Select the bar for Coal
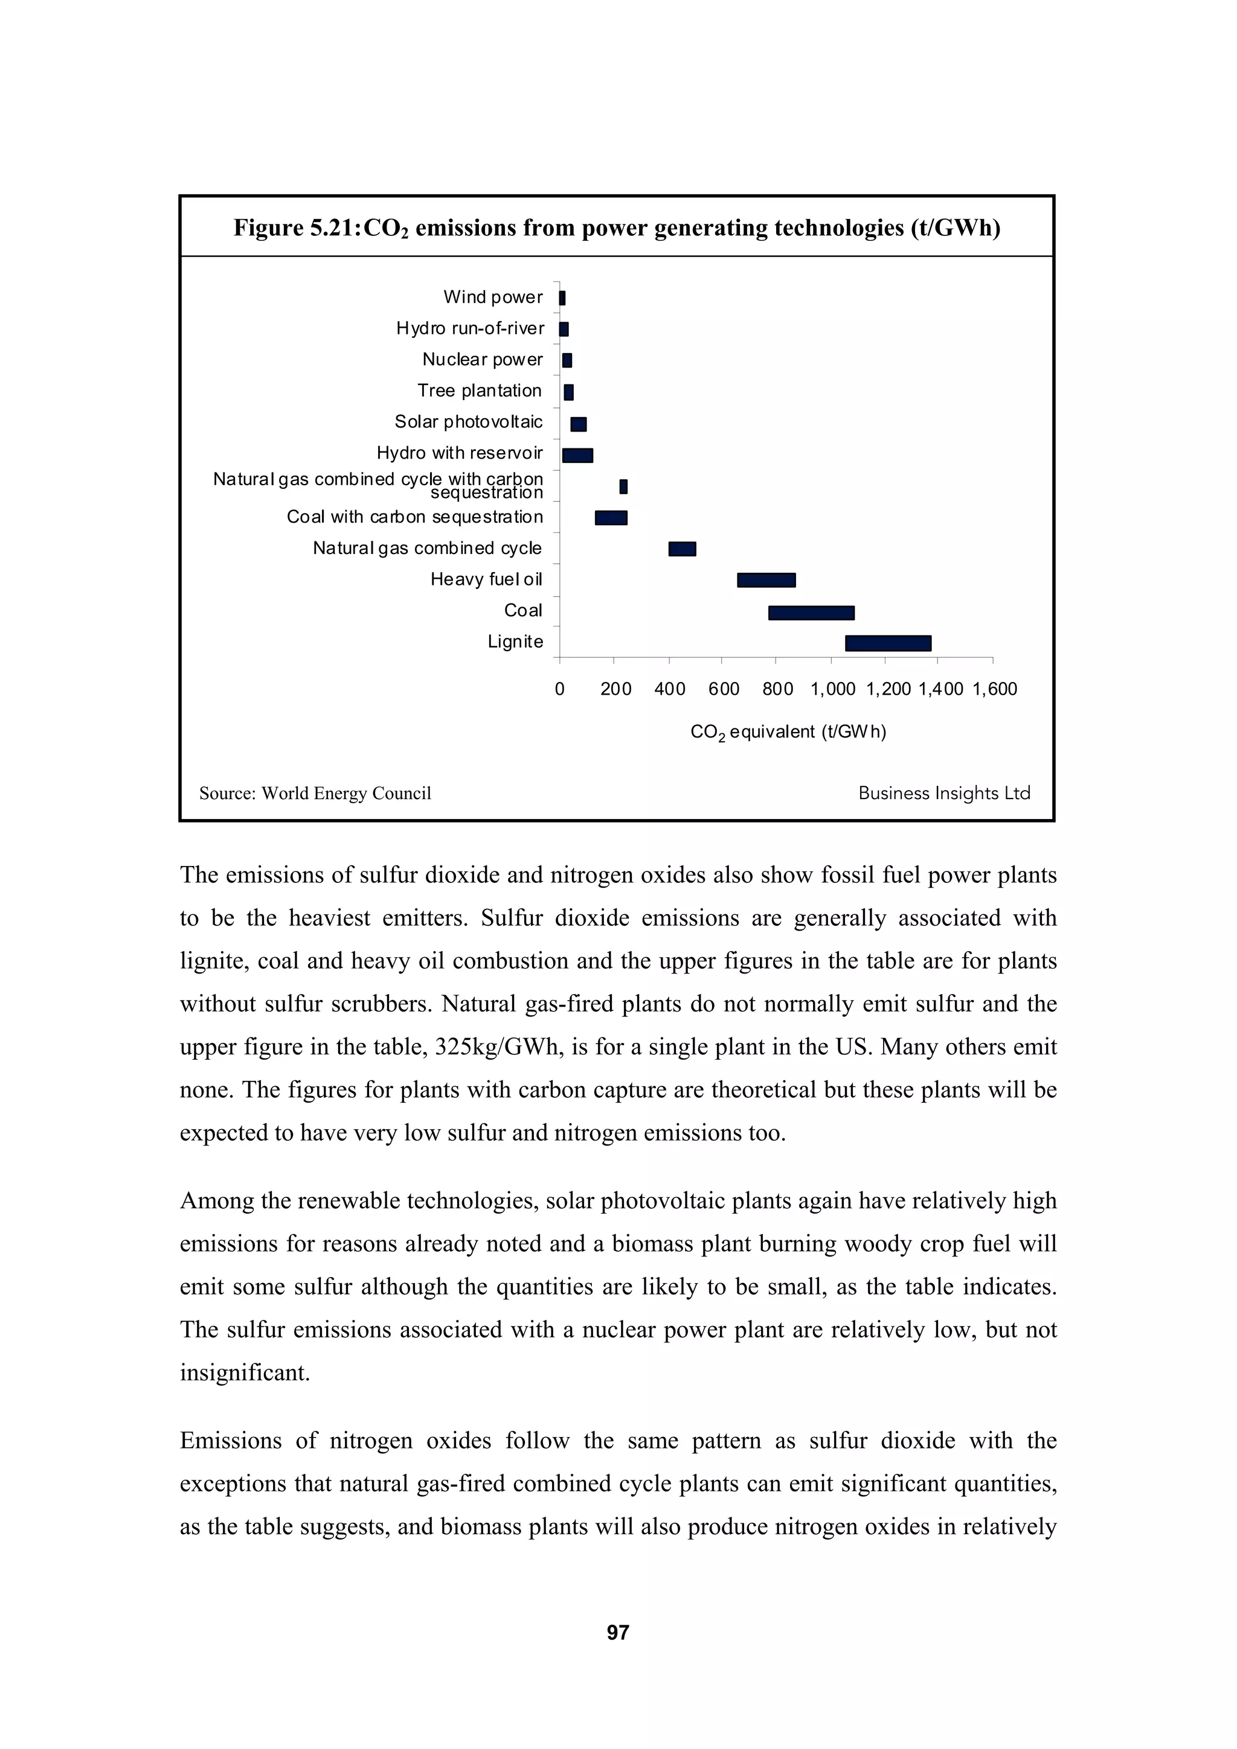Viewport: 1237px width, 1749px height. tap(811, 613)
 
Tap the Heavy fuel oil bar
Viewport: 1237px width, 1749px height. tap(766, 580)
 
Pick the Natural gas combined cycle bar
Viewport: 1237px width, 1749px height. tap(682, 549)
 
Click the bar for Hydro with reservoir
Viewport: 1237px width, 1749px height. tap(577, 455)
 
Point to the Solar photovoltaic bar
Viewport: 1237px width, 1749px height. tap(579, 424)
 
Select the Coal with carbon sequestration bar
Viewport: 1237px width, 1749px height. tap(611, 517)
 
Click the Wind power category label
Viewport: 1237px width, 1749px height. tap(492, 297)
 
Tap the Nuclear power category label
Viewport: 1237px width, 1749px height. tap(483, 360)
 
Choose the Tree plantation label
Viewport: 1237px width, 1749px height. tap(480, 391)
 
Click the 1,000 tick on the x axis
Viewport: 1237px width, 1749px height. tap(832, 689)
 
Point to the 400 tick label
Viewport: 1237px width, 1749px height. tap(670, 689)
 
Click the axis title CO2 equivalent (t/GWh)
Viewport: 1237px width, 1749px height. tap(788, 732)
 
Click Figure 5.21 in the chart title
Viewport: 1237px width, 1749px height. tap(296, 228)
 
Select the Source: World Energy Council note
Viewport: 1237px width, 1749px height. tap(315, 793)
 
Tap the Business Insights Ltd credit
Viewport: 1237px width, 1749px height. tap(943, 793)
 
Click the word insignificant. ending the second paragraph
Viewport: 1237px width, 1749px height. tap(245, 1372)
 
